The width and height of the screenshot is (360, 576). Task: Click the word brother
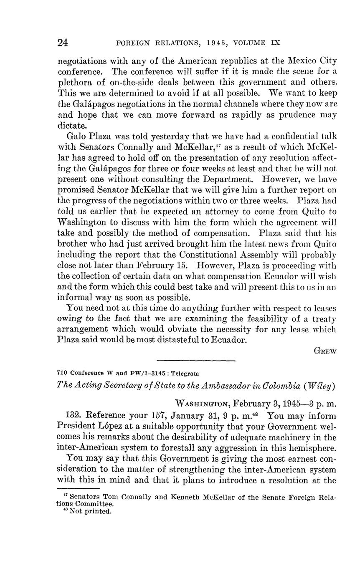[x=72, y=244]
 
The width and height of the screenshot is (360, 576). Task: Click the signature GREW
[x=325, y=351]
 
